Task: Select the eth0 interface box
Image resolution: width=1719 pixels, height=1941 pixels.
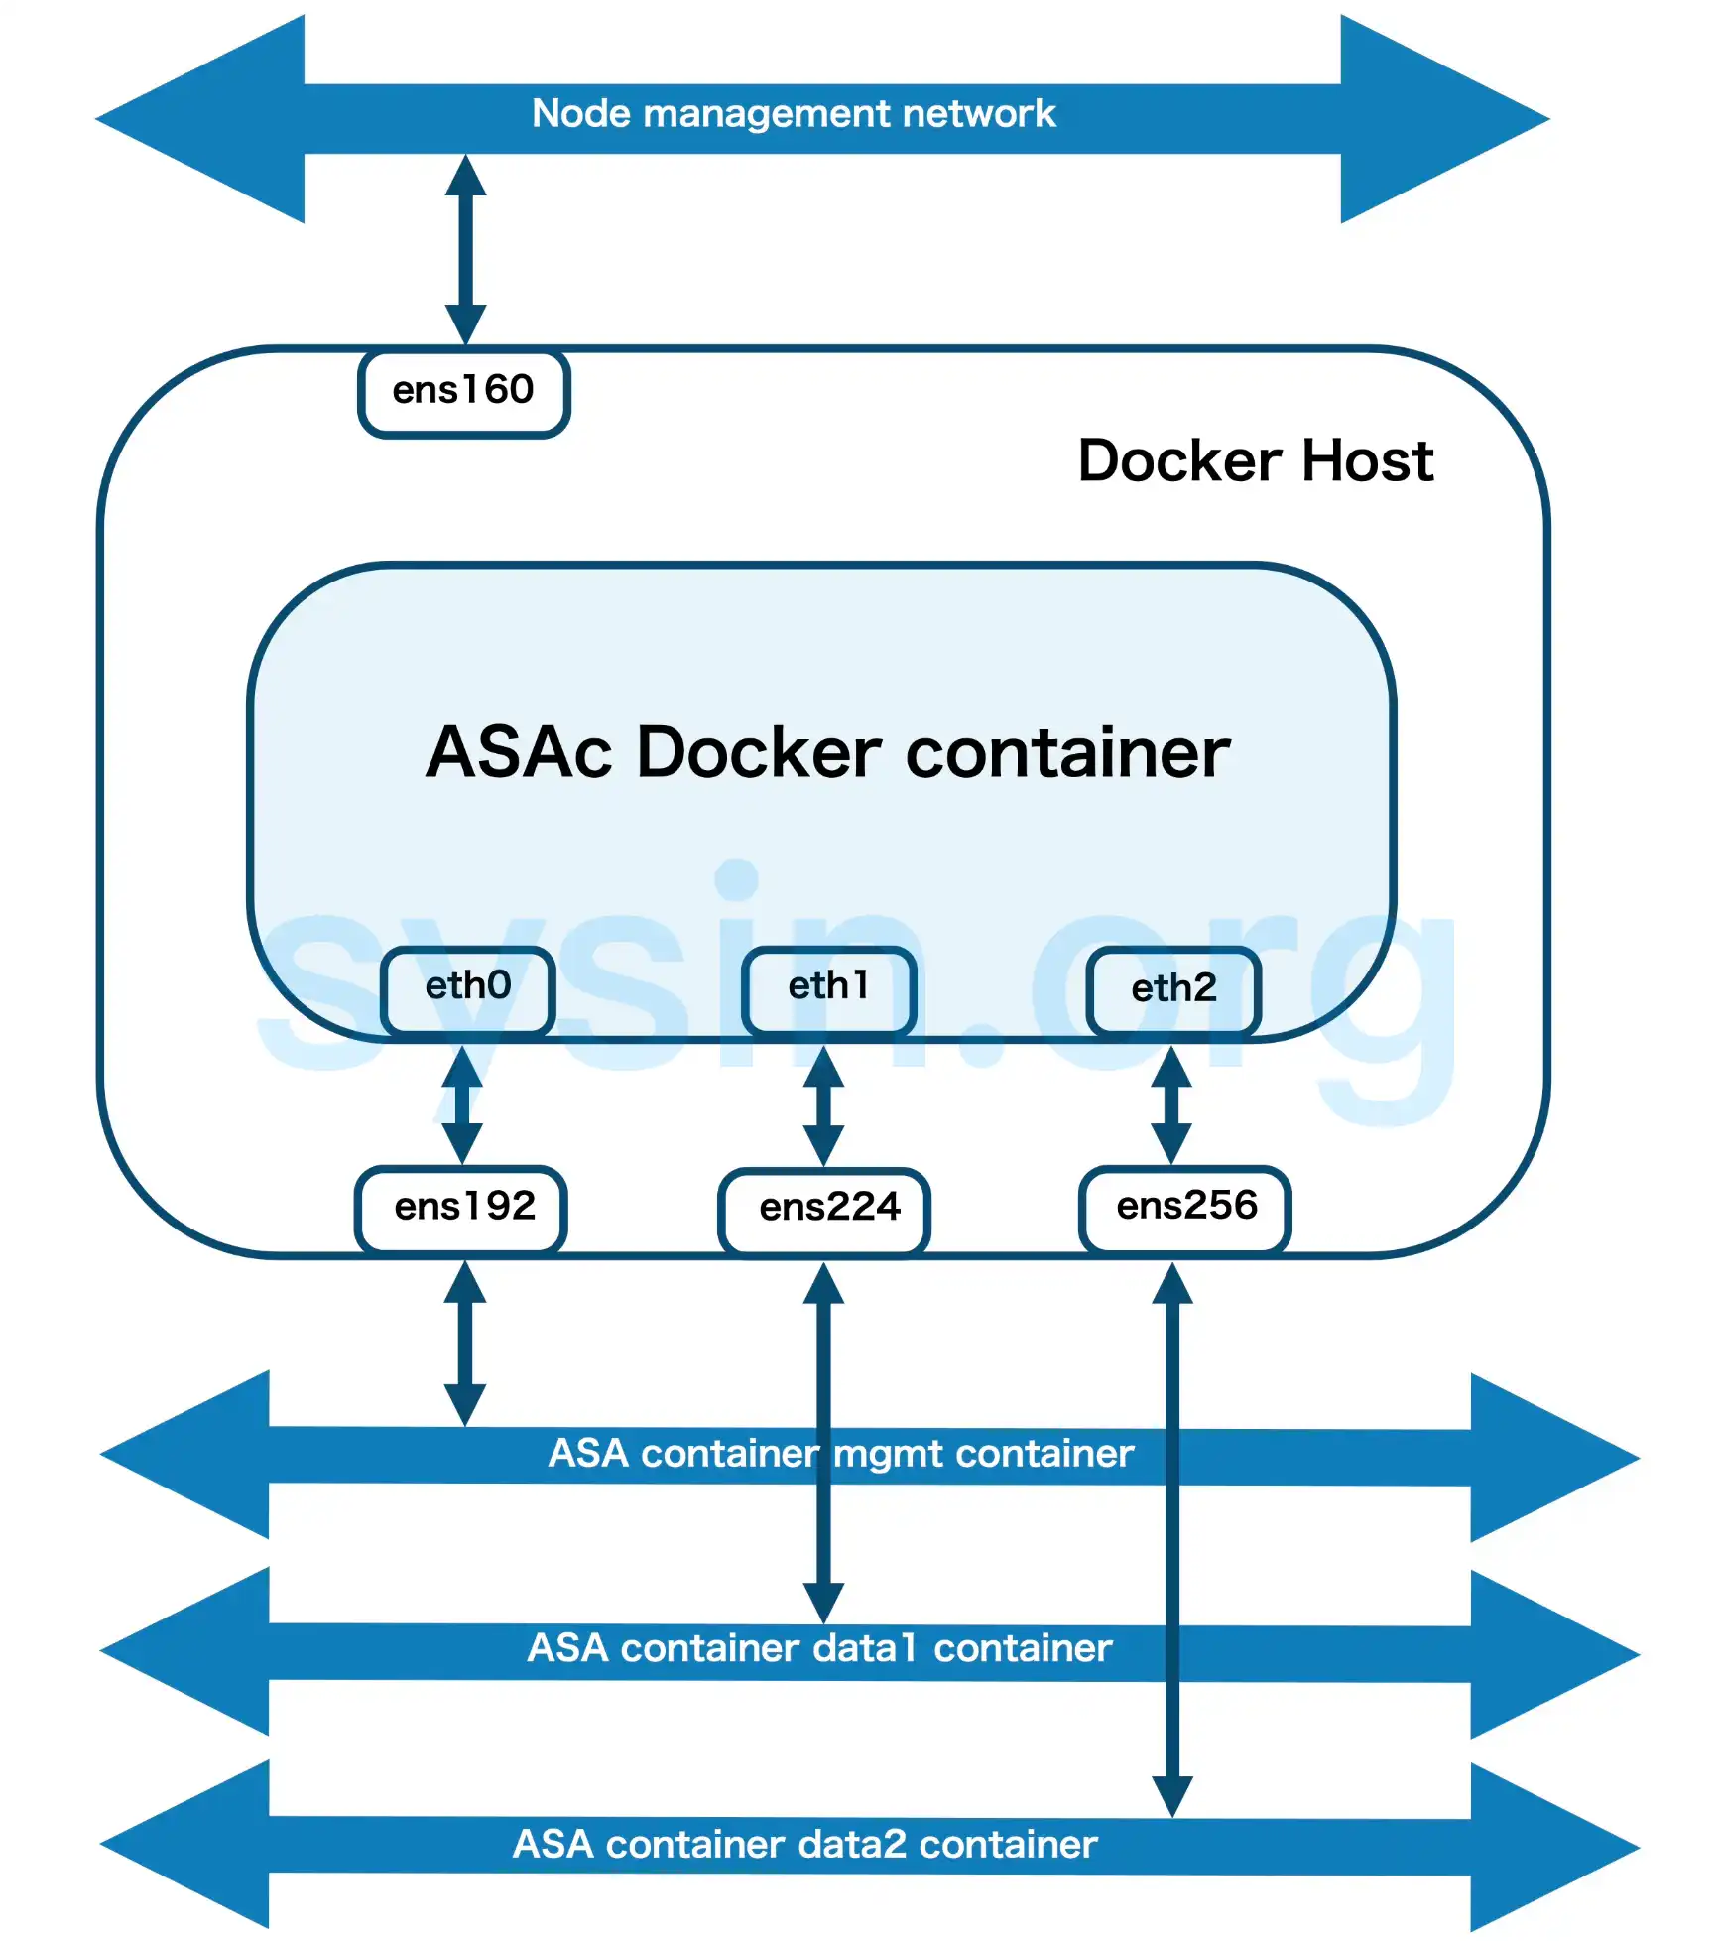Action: coord(467,988)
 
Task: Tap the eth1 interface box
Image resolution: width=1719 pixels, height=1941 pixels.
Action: coord(828,988)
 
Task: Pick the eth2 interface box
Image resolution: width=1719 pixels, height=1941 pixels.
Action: coord(1173,990)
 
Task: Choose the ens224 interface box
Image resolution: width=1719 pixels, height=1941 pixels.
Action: coord(824,1211)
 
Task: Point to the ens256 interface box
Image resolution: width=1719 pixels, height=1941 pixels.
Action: coord(1185,1209)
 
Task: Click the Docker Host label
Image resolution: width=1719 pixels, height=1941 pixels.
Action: coord(1255,461)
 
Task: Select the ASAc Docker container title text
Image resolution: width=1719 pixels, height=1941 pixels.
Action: coord(827,753)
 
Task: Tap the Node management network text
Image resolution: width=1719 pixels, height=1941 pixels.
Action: coord(794,114)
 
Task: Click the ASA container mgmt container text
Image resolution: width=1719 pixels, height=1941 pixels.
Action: coord(840,1455)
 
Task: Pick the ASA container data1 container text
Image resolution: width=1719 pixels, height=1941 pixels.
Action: coord(819,1649)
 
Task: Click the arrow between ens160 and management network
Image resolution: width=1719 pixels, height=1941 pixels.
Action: coord(465,248)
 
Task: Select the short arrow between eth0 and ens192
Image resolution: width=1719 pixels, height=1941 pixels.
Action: coord(462,1103)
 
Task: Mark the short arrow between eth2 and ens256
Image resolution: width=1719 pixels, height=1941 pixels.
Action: coord(1171,1103)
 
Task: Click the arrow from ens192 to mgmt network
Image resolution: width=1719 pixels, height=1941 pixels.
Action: coord(464,1342)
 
